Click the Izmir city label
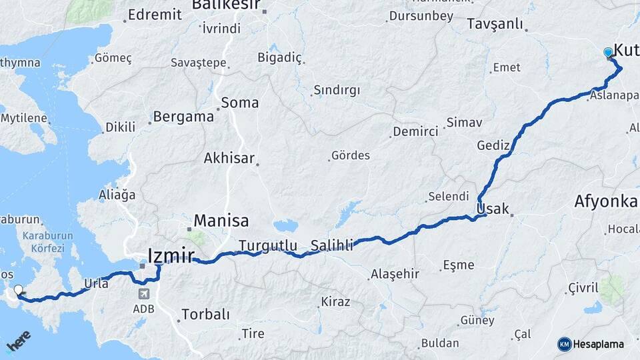coord(170,255)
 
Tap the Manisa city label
coord(221,221)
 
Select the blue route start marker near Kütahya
coord(608,53)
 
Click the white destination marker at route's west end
coord(18,290)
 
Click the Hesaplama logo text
coord(598,344)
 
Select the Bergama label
coord(183,117)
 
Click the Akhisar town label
coord(229,158)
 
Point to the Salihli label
coord(331,245)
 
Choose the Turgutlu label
coord(268,245)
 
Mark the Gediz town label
coord(493,145)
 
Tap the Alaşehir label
coord(395,273)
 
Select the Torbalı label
coord(205,314)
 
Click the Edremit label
coord(154,14)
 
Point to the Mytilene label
coord(24,119)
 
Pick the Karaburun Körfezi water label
coord(43,241)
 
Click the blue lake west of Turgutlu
coord(286,226)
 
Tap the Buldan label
coord(440,343)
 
